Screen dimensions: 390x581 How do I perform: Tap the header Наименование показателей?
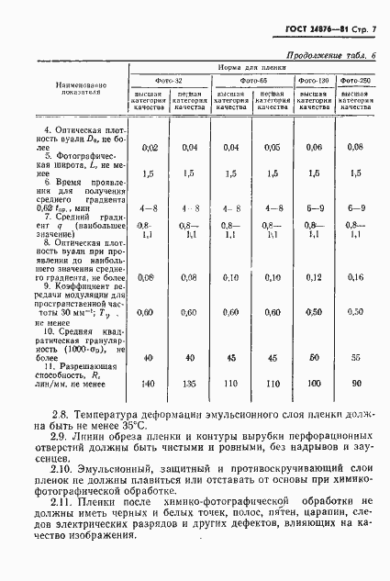[x=72, y=93]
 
